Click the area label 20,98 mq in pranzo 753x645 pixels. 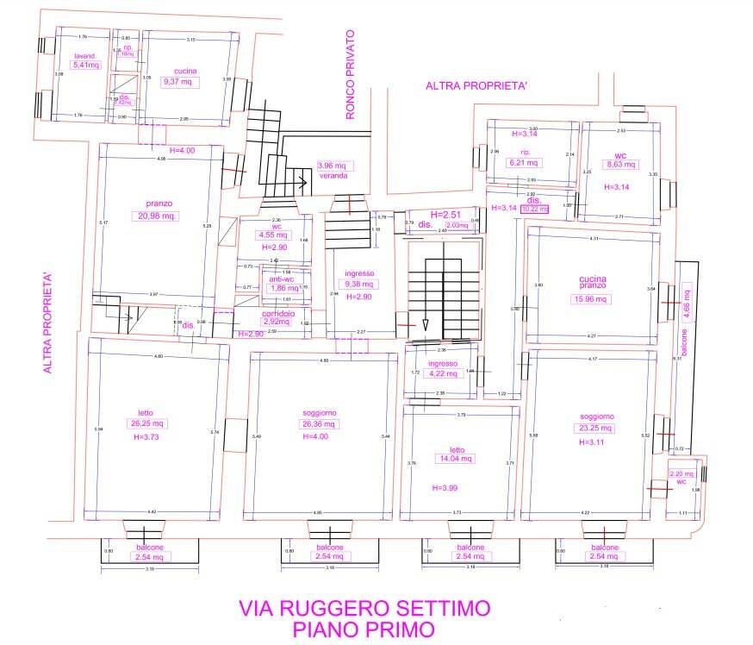tap(157, 216)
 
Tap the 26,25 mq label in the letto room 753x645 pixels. tap(146, 423)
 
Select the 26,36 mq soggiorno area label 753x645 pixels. tap(319, 423)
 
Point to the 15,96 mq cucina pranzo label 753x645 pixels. tap(593, 300)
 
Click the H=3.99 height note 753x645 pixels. tap(445, 489)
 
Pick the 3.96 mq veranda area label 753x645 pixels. tap(332, 166)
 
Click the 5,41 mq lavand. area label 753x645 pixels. tap(87, 65)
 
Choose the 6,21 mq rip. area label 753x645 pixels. tap(524, 162)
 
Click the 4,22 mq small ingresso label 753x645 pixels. tap(442, 373)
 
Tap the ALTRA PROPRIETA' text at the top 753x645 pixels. tap(476, 85)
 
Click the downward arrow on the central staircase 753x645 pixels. tap(426, 322)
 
